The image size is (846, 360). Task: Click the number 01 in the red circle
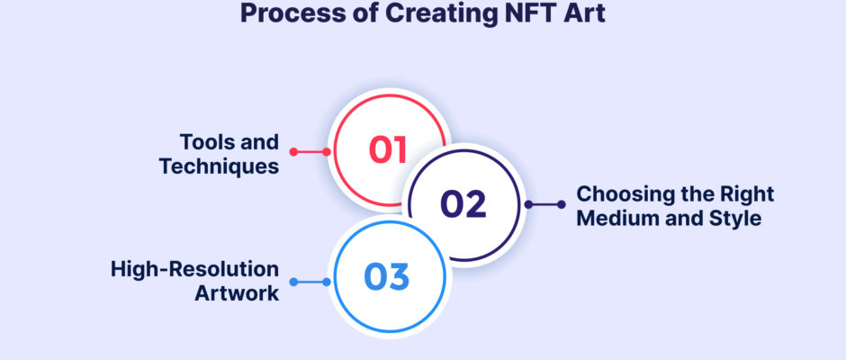(x=387, y=149)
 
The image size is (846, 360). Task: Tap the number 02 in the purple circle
(x=463, y=204)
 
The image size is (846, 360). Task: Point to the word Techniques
(x=219, y=166)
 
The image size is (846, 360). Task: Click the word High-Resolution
(x=194, y=269)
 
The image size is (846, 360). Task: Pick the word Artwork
(x=237, y=293)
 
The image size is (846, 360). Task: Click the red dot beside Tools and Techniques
(x=293, y=152)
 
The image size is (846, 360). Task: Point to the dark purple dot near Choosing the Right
(x=562, y=204)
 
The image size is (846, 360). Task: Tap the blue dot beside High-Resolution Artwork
(x=293, y=282)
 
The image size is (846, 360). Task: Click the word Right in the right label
(x=747, y=194)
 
